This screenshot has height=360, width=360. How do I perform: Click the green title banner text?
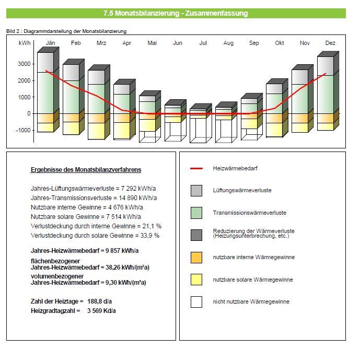pos(176,13)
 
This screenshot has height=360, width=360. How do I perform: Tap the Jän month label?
pos(50,43)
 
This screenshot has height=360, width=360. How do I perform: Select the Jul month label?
pos(203,43)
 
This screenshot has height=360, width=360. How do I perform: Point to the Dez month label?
pos(330,43)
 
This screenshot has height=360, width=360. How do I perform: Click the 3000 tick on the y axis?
pos(24,64)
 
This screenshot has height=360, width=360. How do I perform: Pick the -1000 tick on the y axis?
pos(23,130)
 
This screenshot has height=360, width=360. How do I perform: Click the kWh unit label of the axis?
pos(25,43)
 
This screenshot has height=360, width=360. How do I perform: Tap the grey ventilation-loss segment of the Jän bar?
pos(45,63)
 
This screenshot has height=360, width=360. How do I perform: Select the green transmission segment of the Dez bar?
pos(326,95)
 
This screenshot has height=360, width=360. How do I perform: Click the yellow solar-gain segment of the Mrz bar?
pos(97,131)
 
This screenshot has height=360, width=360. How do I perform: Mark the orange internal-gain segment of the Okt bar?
pos(274,118)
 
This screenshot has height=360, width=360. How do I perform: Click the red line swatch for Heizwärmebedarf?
pos(196,169)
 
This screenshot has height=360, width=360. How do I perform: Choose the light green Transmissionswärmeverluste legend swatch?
pos(196,213)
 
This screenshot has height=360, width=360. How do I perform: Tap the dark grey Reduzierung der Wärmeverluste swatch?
pos(196,235)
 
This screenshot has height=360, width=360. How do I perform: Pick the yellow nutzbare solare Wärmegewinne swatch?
pos(196,280)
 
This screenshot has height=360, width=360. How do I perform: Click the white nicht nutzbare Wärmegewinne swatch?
pos(196,302)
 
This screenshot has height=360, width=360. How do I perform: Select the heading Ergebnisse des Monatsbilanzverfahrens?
pos(86,170)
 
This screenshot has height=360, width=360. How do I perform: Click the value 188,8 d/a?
pos(99,301)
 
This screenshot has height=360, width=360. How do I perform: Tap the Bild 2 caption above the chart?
pos(66,31)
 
